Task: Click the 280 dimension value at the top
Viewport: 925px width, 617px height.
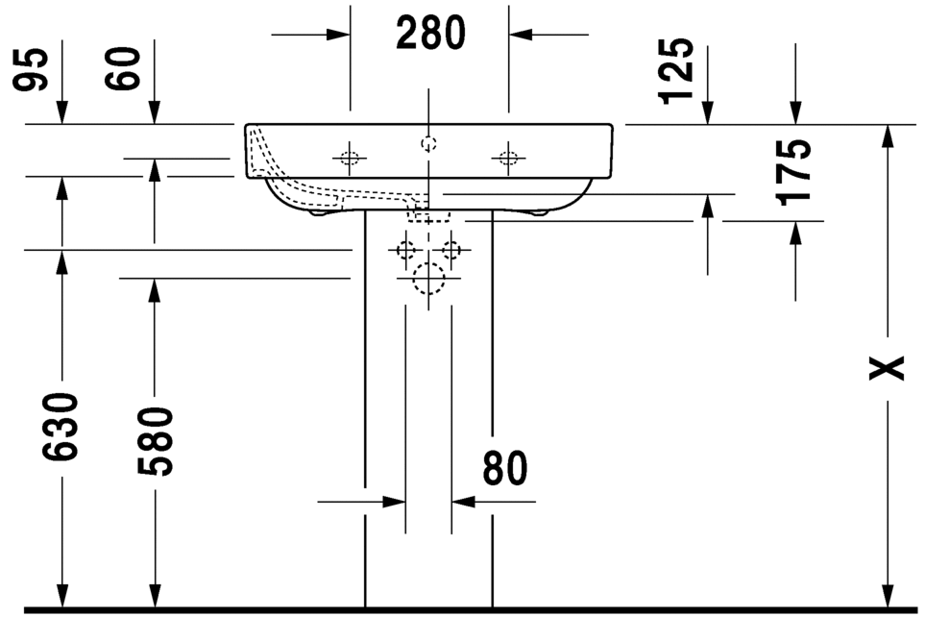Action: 430,35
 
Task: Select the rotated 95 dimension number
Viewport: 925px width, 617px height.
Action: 34,69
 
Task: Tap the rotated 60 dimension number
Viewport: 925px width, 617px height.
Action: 125,69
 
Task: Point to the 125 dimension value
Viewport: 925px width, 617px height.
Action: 676,70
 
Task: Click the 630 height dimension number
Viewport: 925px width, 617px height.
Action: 61,426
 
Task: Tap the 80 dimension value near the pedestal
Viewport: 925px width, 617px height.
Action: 505,469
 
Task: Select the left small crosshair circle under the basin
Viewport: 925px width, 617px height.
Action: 406,251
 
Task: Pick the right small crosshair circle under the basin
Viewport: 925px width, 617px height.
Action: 451,251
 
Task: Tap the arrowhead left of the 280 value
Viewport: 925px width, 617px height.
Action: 338,35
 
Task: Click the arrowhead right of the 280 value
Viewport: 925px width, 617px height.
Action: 520,35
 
